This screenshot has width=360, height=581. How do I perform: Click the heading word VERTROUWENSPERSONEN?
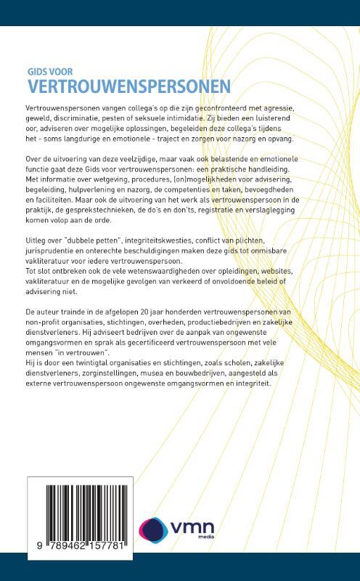pos(125,86)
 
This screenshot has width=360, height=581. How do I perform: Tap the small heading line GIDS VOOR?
pos(49,73)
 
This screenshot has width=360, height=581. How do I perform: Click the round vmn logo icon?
pos(154,530)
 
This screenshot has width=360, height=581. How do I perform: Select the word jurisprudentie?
pos(49,261)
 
